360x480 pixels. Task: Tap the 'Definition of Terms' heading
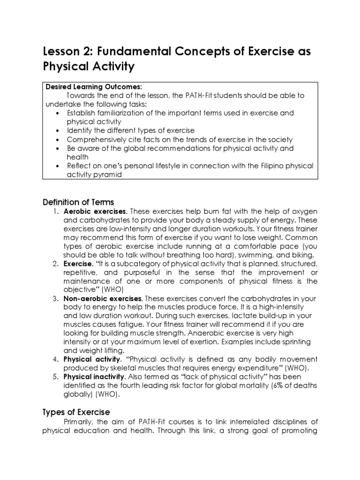coord(78,202)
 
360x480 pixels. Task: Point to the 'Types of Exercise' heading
coord(76,412)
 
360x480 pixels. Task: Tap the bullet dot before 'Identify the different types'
coord(57,131)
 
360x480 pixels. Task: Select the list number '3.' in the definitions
coord(55,299)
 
